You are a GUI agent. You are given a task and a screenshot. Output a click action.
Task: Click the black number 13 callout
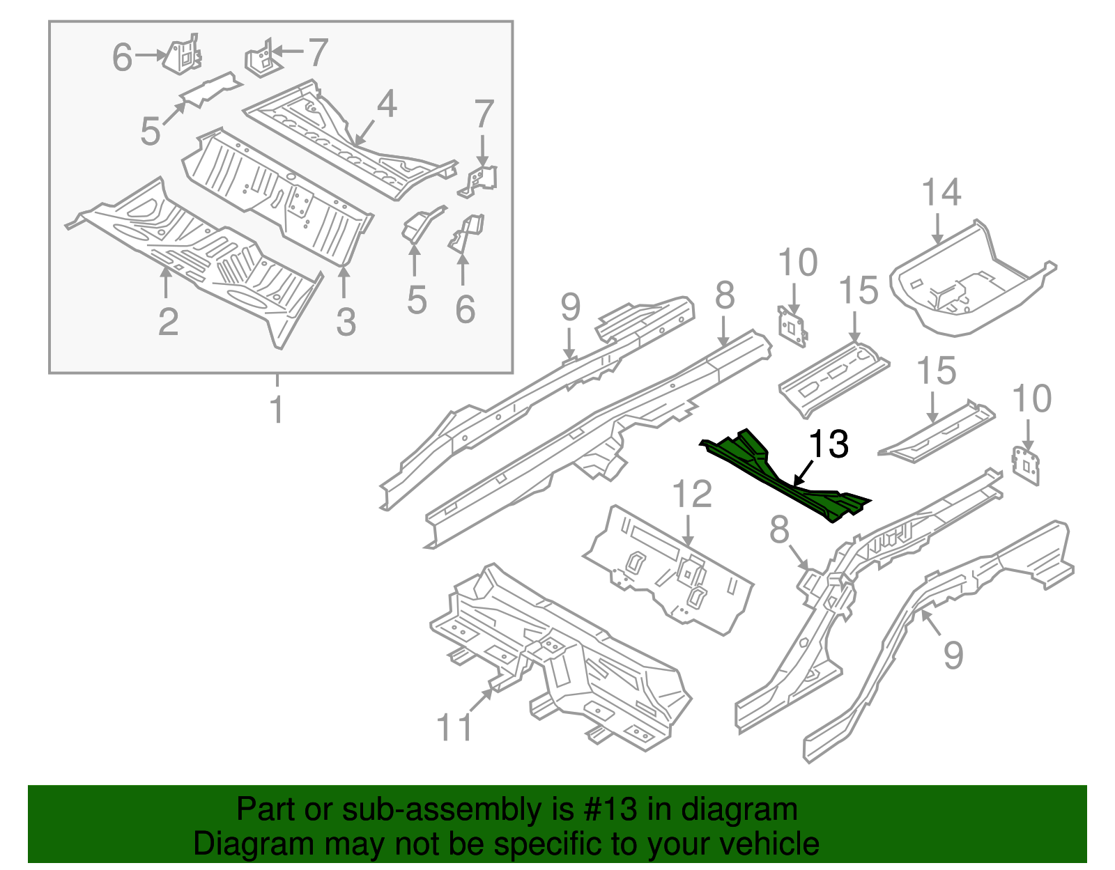pyautogui.click(x=828, y=444)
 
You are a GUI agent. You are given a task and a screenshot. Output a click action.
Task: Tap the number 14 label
pyautogui.click(x=941, y=192)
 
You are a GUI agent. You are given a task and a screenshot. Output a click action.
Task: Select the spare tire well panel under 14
pyautogui.click(x=969, y=286)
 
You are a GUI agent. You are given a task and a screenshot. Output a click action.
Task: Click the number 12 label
pyautogui.click(x=691, y=495)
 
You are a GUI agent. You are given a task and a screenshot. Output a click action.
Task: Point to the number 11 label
pyautogui.click(x=454, y=727)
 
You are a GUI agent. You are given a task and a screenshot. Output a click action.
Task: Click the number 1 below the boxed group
pyautogui.click(x=277, y=410)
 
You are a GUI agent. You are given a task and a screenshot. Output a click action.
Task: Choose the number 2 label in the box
pyautogui.click(x=168, y=322)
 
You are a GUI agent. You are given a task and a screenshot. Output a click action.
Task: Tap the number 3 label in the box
pyautogui.click(x=346, y=323)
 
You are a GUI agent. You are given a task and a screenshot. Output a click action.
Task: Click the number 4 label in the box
pyautogui.click(x=387, y=104)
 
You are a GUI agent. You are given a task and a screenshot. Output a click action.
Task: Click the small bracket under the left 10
pyautogui.click(x=793, y=326)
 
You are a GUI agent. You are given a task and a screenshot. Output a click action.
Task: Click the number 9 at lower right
pyautogui.click(x=953, y=655)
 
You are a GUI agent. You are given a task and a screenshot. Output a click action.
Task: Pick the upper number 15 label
pyautogui.click(x=858, y=290)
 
